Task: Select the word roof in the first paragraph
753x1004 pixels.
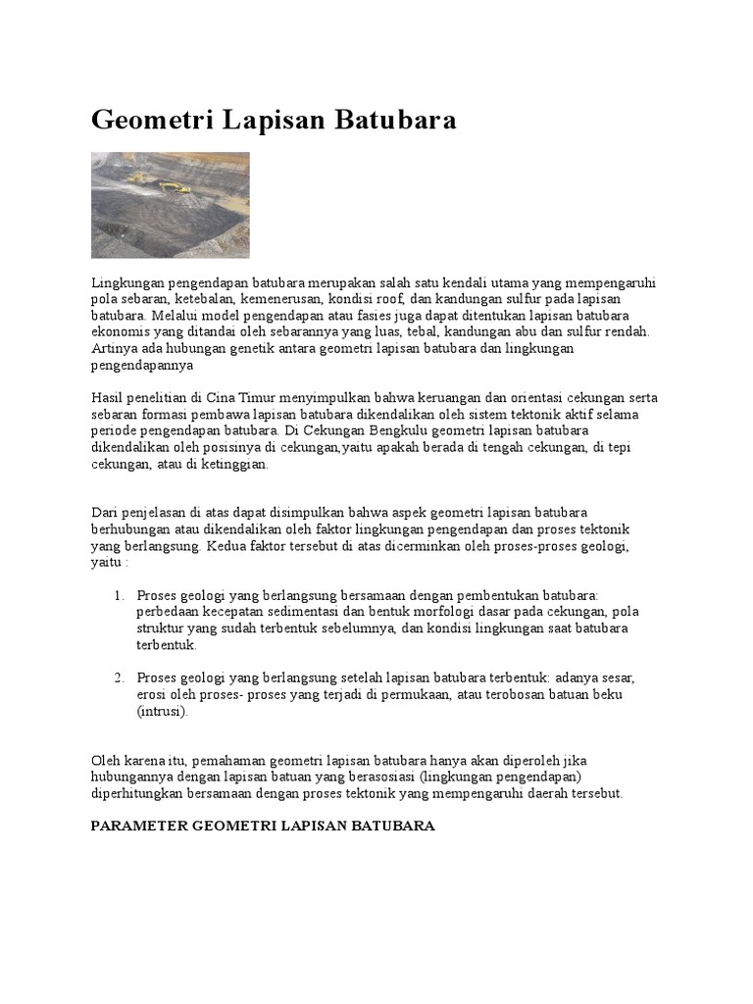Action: coord(408,298)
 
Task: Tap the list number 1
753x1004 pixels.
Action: coord(118,595)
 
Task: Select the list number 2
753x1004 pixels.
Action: coord(118,678)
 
